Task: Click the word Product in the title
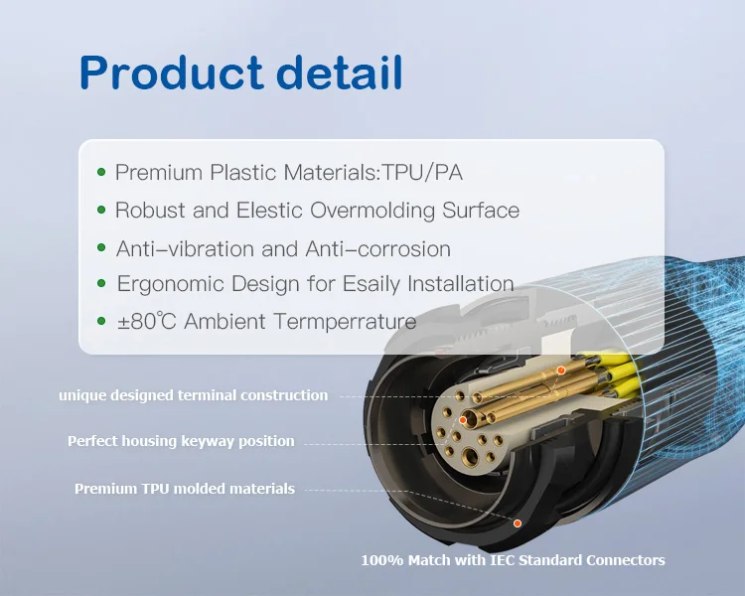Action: (x=170, y=74)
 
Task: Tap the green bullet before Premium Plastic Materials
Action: (x=101, y=173)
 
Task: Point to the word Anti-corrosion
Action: (x=376, y=248)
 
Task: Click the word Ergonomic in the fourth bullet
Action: (x=170, y=285)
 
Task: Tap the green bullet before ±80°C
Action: (x=101, y=322)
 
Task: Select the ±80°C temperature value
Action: (x=147, y=322)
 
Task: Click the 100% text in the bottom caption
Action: (x=379, y=560)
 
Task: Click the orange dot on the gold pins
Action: (x=560, y=371)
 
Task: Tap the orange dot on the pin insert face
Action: (x=463, y=421)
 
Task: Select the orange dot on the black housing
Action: (x=518, y=522)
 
